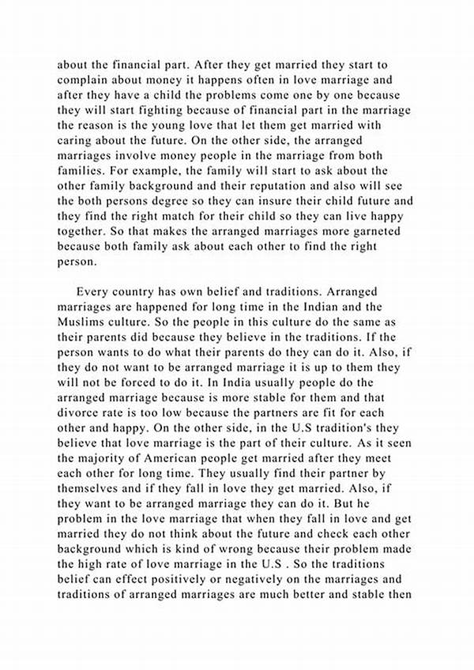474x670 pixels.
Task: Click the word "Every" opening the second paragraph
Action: click(93, 291)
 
